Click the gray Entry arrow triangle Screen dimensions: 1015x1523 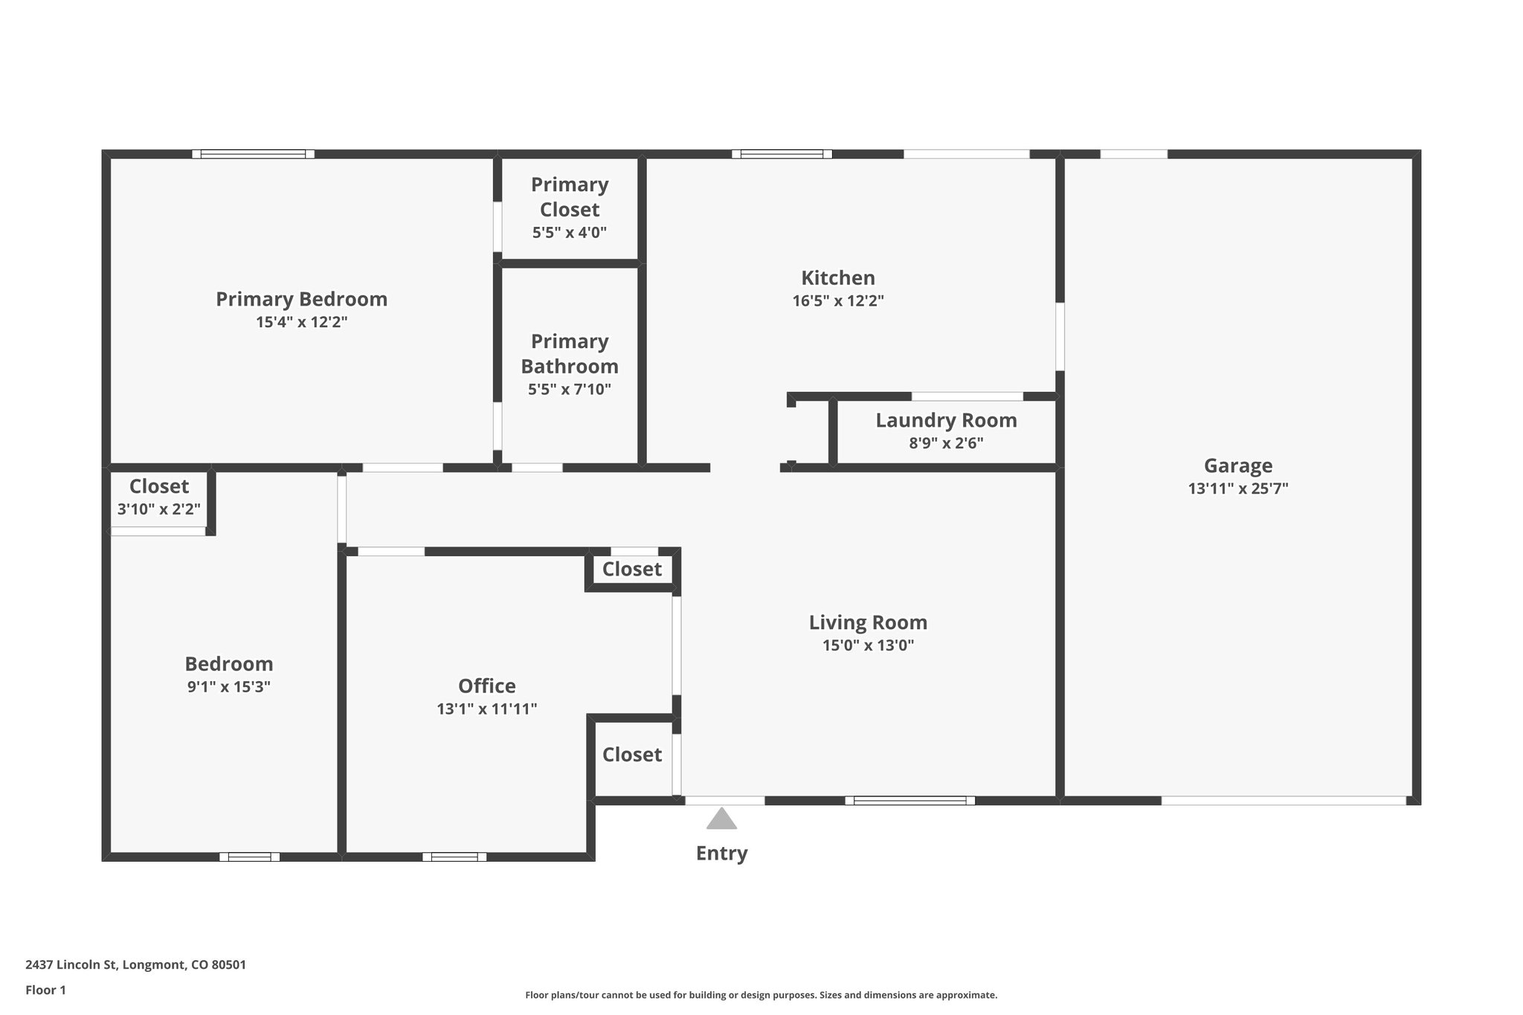pos(721,819)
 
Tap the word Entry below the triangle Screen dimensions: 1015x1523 pos(721,853)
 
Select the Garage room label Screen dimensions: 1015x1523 pos(1237,465)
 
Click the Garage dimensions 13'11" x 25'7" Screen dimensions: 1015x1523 pos(1237,489)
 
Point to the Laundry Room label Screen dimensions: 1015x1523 pos(946,420)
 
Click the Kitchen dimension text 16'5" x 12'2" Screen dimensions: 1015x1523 pos(837,301)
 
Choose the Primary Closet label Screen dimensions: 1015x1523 pos(570,196)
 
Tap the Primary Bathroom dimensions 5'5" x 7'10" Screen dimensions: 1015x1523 pos(570,389)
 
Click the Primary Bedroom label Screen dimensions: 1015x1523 pos(301,299)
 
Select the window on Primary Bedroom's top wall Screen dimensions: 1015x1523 pos(253,154)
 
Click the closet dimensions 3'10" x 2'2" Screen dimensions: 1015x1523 pos(159,509)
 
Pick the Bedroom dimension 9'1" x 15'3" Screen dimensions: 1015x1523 pos(228,686)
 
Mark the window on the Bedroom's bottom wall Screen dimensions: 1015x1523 pos(249,857)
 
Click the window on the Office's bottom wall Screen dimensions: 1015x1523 pos(454,857)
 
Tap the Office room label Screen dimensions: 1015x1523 pos(486,686)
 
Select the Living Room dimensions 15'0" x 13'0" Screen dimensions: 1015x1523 pos(868,645)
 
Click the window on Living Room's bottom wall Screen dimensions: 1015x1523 pos(909,801)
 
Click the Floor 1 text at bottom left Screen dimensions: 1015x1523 pos(45,990)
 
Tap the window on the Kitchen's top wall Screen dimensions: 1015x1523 pos(782,154)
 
